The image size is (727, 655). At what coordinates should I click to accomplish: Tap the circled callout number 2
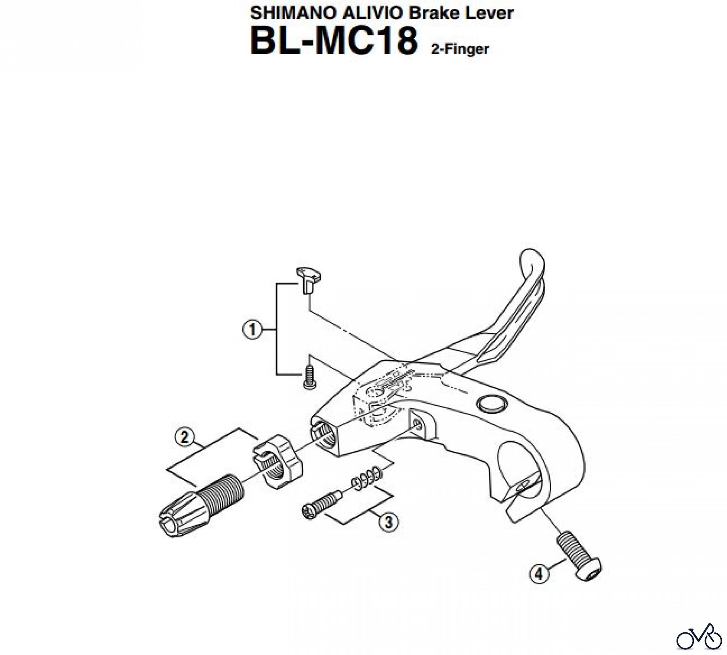point(185,437)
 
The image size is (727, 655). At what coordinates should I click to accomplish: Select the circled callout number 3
point(389,523)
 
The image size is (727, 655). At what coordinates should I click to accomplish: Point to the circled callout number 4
point(540,574)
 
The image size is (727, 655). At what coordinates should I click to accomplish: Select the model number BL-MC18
point(334,41)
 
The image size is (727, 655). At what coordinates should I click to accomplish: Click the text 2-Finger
point(460,49)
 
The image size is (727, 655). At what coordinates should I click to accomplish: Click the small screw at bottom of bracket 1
point(309,376)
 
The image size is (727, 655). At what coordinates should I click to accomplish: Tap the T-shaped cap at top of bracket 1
point(309,278)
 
